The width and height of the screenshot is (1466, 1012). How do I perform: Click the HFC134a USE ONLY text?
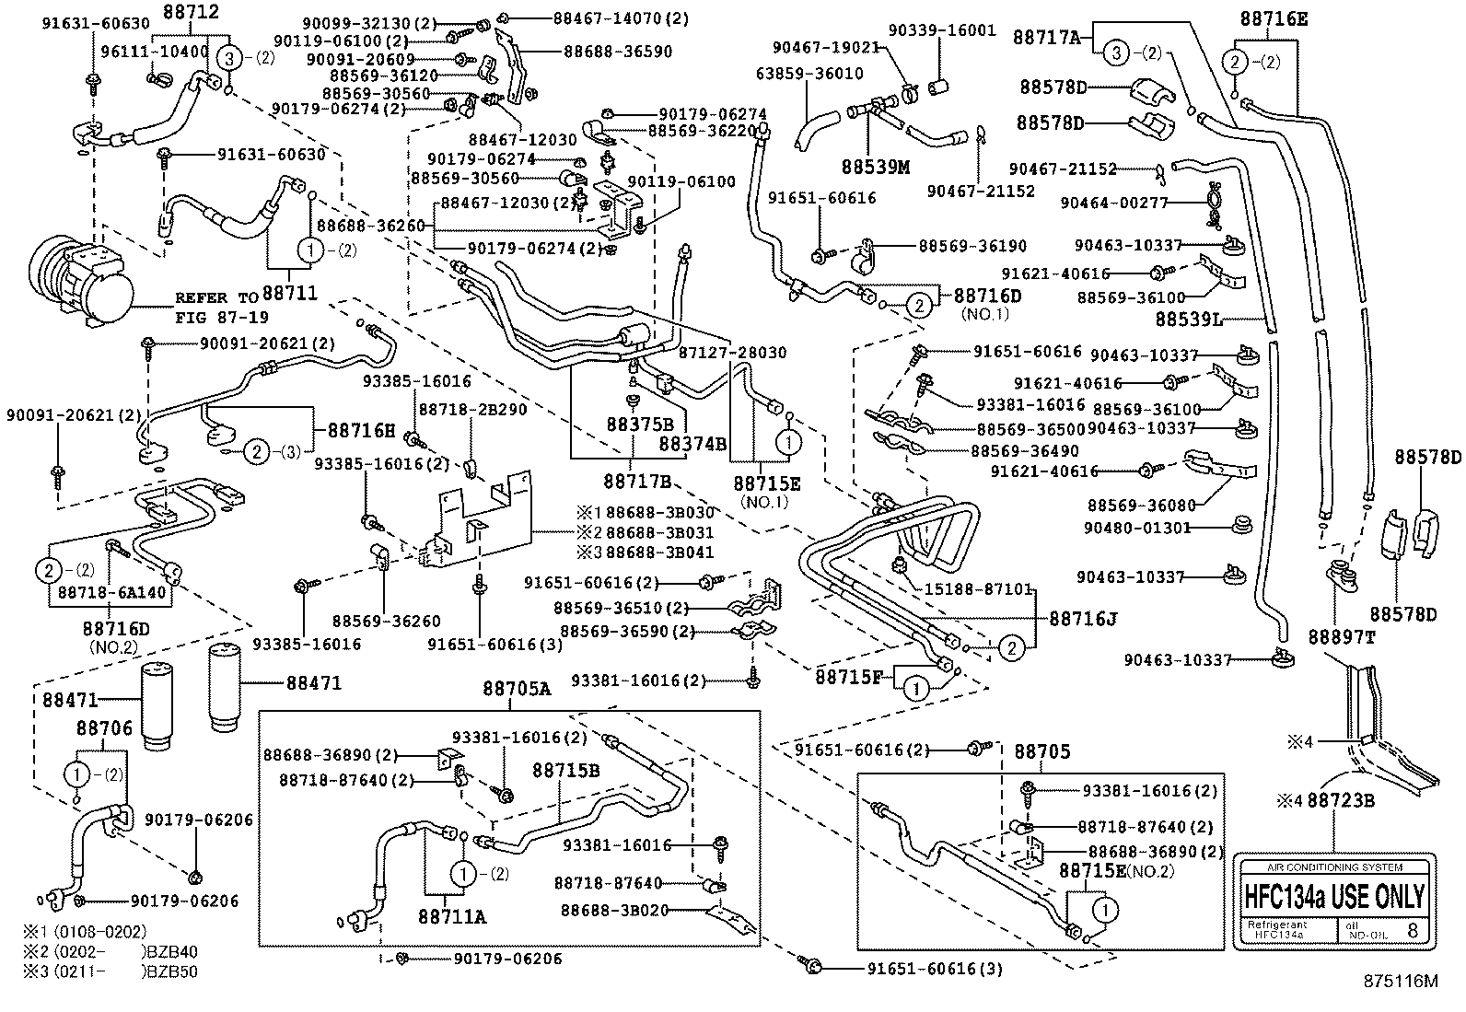click(1334, 896)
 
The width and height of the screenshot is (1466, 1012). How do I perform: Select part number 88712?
click(192, 11)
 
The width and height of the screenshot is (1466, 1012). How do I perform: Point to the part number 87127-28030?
click(732, 353)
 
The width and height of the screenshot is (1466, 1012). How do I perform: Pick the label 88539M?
click(874, 167)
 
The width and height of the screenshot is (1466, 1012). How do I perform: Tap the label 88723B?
click(1340, 801)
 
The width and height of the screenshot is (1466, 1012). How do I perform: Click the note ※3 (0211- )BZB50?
click(112, 971)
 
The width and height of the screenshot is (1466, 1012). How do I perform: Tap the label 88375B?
click(639, 425)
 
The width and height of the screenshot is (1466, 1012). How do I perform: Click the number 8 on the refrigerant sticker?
click(1413, 930)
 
